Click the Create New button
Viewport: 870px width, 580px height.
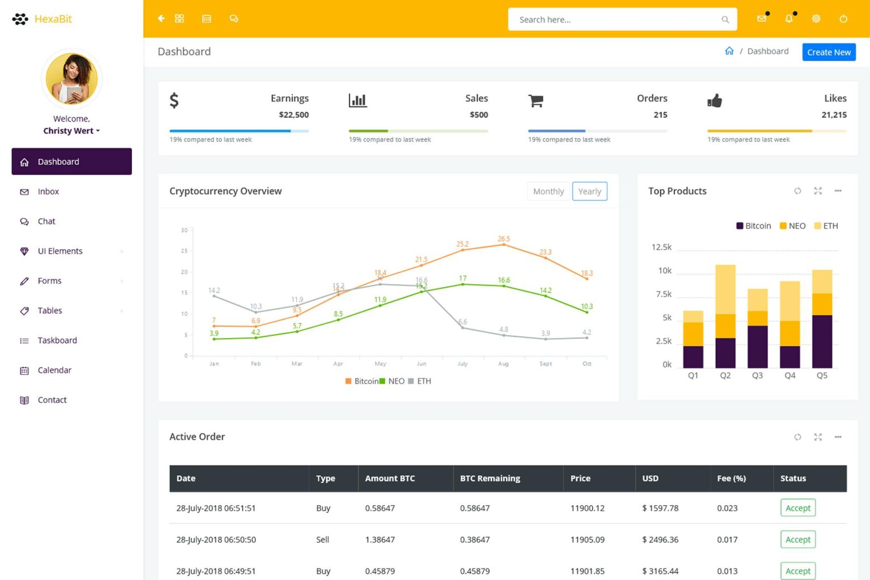click(x=828, y=52)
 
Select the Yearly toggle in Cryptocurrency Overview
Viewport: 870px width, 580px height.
click(x=589, y=191)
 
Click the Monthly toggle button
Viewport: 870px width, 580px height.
click(x=548, y=191)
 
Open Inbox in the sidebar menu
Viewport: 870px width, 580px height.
click(x=48, y=191)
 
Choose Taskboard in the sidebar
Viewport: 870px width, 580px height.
click(x=57, y=340)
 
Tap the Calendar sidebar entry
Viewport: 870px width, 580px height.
click(x=54, y=370)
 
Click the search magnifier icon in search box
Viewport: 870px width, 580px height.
click(x=724, y=20)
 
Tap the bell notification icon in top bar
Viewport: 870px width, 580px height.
click(x=788, y=19)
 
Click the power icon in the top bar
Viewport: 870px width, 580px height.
click(x=843, y=19)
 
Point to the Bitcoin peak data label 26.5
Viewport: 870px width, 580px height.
click(x=504, y=239)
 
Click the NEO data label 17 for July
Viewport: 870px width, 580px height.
click(x=463, y=278)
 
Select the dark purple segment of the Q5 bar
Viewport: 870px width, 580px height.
click(x=822, y=341)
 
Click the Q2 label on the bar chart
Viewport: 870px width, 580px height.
click(x=725, y=376)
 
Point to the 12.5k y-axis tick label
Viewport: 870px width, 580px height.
click(x=661, y=247)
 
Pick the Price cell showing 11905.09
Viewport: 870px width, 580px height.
click(x=587, y=540)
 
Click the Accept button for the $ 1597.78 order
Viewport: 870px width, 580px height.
click(x=797, y=508)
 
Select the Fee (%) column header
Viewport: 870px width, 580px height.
click(x=731, y=478)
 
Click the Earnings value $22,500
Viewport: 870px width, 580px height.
click(x=293, y=114)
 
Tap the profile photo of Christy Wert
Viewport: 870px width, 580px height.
click(x=71, y=79)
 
